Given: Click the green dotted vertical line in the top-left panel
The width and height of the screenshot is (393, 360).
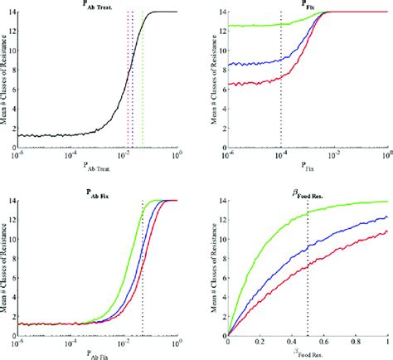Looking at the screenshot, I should (143, 83).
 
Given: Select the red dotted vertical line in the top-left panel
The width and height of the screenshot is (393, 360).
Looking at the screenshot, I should (127, 83).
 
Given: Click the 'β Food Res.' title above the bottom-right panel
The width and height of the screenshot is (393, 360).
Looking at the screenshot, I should (308, 192).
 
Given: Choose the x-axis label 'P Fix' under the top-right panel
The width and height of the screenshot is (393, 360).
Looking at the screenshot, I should (308, 166).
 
